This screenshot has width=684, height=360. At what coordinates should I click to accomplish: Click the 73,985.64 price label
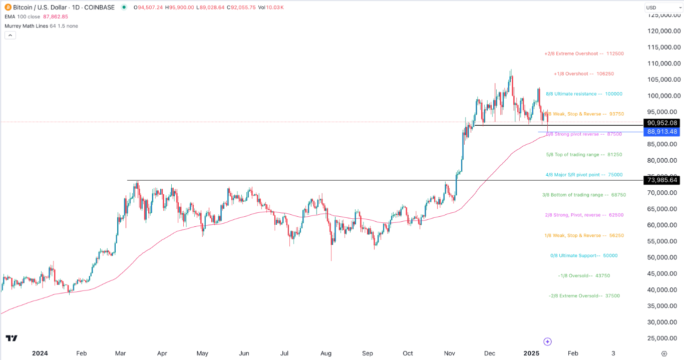coord(662,180)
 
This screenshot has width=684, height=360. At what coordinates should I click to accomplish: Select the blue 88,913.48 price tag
coord(662,132)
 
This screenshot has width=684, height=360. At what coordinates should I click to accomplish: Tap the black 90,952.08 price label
coord(662,123)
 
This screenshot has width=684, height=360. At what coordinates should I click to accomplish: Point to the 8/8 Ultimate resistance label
coord(584,94)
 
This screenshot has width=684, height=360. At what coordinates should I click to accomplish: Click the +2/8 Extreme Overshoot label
coord(584,54)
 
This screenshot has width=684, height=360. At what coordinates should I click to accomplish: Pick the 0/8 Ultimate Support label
coord(584,256)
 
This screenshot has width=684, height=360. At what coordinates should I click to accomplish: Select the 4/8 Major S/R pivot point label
coord(584,175)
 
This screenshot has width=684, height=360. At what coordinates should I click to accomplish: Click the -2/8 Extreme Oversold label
coord(584,296)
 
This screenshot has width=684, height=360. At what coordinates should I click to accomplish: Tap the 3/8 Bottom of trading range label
coord(584,195)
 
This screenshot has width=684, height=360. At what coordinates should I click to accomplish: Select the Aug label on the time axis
coord(326,353)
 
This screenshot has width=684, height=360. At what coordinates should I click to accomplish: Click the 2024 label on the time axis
coord(40,353)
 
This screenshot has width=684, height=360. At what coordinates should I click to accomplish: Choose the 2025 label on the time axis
coord(531,353)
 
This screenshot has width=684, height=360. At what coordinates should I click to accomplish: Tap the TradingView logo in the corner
coord(12,338)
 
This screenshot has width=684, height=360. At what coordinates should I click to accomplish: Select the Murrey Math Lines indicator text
coord(41,26)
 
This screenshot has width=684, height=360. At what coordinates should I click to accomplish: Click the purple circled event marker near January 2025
coord(547,341)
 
